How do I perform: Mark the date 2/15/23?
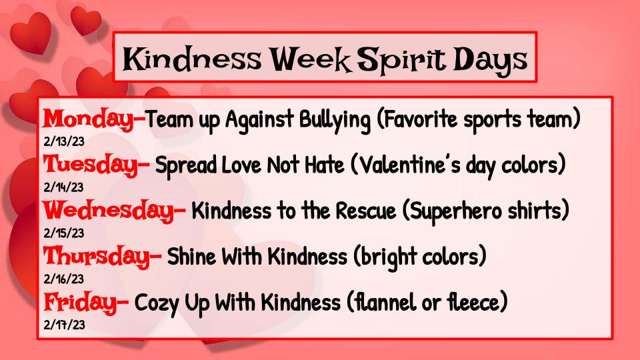[63, 233]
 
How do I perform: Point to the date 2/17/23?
[63, 325]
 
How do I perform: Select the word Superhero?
[478, 211]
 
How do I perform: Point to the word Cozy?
[157, 303]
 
